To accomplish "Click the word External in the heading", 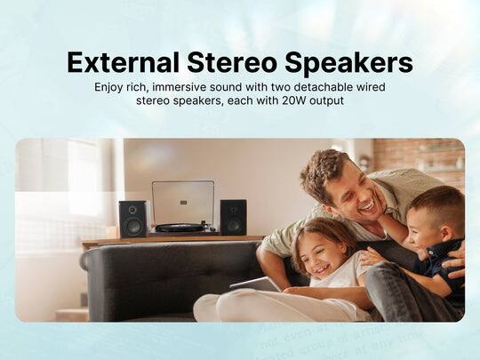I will coord(121,63).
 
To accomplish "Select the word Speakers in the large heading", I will coord(354,63).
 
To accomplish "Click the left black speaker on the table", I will coord(132,219).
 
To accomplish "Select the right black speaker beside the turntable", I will coord(233,217).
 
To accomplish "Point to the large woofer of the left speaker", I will coord(132,226).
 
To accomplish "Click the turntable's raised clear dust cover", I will coord(182,202).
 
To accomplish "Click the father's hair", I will coord(323,166).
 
